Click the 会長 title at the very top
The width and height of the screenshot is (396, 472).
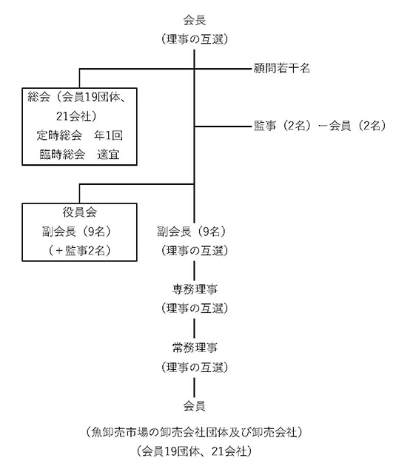[195, 21]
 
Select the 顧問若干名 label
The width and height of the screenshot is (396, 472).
[281, 68]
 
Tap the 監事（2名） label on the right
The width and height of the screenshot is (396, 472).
[282, 126]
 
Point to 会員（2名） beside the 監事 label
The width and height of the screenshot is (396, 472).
[358, 126]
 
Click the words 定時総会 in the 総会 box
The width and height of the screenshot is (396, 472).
[59, 135]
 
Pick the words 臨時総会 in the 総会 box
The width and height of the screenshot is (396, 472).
[62, 155]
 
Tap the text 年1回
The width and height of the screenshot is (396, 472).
[108, 135]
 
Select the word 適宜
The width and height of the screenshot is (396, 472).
[108, 155]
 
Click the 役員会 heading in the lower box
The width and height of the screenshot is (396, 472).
[79, 212]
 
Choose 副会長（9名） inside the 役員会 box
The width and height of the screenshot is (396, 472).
[77, 232]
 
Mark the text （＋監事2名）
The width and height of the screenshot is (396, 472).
[79, 251]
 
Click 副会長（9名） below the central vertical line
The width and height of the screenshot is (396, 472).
[192, 232]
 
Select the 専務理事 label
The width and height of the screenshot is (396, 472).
[195, 289]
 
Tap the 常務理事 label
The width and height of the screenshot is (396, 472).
[195, 348]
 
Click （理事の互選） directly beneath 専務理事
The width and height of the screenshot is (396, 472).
[195, 309]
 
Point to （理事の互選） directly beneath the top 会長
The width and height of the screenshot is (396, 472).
[195, 39]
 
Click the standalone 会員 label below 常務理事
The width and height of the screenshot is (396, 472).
[195, 406]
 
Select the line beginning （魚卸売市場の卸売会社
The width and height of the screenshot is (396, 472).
[195, 432]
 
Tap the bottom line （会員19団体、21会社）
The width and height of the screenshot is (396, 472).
[195, 451]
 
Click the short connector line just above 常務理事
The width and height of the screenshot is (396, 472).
[194, 328]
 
